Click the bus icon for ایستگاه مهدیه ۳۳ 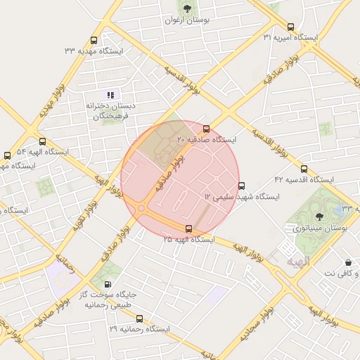[x=94, y=41]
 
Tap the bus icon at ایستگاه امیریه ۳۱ [x=271, y=26]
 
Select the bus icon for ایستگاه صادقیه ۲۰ [x=206, y=129]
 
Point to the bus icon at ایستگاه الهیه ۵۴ [x=42, y=141]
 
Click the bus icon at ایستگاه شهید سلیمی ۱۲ [x=242, y=186]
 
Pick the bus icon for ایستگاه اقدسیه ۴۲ [x=304, y=169]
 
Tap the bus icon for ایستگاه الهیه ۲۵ [x=188, y=229]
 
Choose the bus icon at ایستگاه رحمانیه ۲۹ [x=139, y=319]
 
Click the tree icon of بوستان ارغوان [x=186, y=9]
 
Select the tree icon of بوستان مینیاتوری [x=320, y=217]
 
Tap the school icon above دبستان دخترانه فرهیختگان [x=110, y=94]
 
